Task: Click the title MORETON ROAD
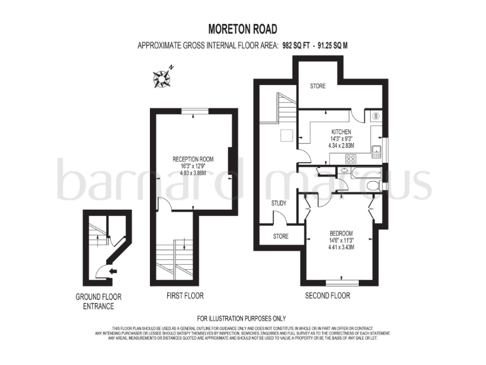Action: coord(243,29)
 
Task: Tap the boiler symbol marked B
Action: coord(375,116)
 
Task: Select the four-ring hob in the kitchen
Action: coord(349,159)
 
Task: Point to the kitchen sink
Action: coord(376,151)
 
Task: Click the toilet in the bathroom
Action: coord(373,185)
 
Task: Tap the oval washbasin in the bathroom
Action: coord(344,170)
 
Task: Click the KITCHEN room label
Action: coord(340,132)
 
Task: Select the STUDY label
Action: coord(278,203)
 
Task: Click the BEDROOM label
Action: coord(341,233)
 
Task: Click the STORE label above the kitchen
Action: coord(317,86)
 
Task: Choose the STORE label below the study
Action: coord(280,236)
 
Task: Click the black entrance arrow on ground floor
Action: coord(113,271)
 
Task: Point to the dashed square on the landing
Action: coord(287,134)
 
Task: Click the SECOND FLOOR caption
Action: coord(327,296)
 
